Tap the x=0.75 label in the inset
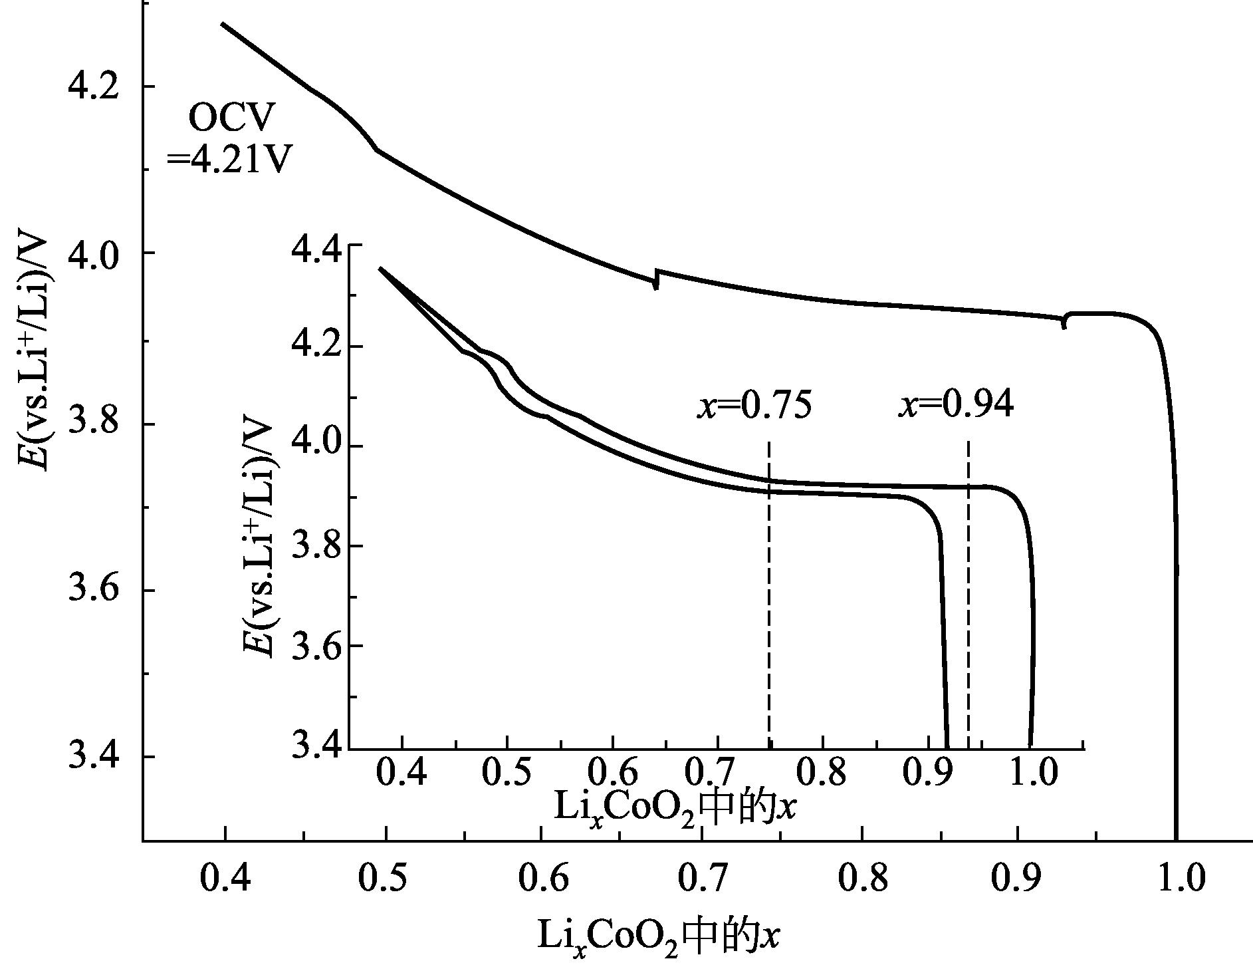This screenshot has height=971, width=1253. pos(754,405)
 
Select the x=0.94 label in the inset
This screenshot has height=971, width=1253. pos(957,405)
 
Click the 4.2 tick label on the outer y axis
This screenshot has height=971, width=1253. pos(94,87)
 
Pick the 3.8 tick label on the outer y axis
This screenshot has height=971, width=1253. pos(94,424)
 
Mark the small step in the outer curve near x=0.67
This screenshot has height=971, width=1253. pos(657,279)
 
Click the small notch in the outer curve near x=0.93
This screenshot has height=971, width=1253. pos(1065,321)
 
